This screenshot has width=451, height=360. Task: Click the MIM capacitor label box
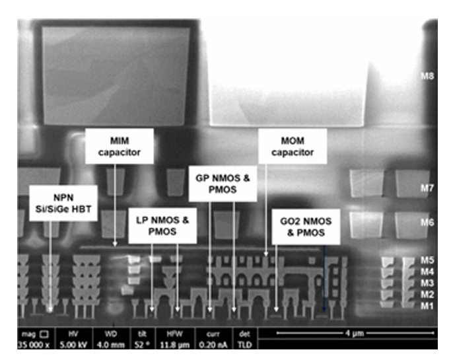120,147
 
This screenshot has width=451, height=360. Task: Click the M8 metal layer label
427,77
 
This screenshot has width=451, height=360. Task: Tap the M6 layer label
427,223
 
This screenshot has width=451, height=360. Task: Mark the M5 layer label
427,260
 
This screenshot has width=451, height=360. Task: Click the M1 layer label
427,305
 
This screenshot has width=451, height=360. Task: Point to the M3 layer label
427,283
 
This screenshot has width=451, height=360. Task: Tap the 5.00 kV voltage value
74,344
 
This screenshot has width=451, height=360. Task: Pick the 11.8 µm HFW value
176,344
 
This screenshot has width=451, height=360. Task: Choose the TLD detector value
244,344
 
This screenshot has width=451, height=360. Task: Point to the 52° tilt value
143,344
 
